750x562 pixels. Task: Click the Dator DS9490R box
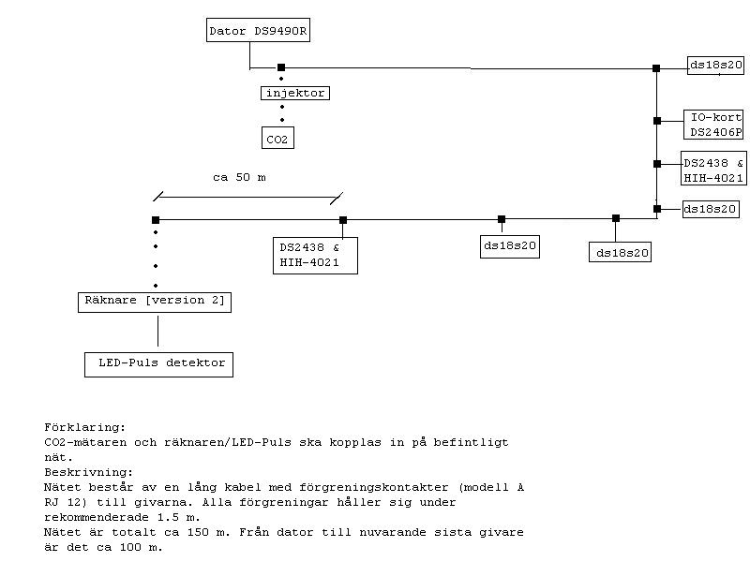point(258,31)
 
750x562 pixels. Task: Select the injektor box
point(294,93)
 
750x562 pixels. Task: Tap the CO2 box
point(277,140)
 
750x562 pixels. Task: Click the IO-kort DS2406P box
point(715,125)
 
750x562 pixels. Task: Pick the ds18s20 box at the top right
point(716,65)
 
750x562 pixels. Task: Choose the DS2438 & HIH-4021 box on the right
point(713,170)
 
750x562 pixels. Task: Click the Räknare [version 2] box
point(155,302)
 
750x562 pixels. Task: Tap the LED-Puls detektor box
point(157,362)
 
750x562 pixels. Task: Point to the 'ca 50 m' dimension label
point(239,176)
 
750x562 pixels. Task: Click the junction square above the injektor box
point(281,67)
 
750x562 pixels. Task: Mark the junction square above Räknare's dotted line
point(156,220)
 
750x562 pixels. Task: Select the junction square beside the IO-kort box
point(657,120)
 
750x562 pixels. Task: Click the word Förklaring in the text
point(84,427)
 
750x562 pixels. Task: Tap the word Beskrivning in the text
point(88,472)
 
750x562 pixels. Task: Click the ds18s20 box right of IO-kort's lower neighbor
point(710,209)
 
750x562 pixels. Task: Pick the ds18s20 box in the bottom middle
point(510,246)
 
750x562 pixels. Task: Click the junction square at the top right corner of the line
point(656,67)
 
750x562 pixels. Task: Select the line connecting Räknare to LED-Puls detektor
point(157,332)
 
